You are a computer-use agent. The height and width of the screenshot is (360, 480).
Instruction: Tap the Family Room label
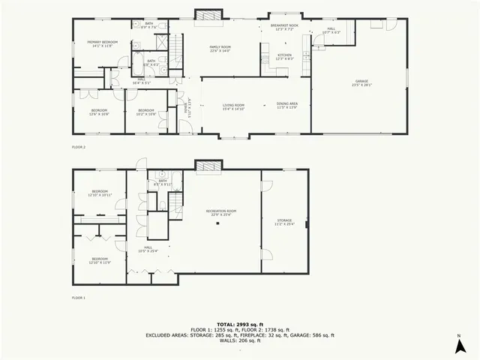219,49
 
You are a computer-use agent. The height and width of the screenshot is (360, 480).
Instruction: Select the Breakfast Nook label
284,27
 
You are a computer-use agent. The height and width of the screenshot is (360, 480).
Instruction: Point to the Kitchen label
284,56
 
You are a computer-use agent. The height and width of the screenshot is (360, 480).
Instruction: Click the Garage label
361,83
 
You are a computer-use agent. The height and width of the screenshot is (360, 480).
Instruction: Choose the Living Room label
234,106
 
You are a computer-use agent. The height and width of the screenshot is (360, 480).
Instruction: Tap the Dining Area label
287,106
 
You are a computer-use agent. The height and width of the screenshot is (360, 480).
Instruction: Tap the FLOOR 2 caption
79,147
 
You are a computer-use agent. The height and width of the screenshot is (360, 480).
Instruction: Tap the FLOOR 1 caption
79,298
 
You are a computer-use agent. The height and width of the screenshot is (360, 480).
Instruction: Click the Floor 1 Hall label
148,248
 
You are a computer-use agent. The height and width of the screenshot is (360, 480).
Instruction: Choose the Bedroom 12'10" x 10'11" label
99,193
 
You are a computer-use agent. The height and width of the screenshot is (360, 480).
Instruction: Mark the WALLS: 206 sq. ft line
240,341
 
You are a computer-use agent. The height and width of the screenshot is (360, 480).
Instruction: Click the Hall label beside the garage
331,31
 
